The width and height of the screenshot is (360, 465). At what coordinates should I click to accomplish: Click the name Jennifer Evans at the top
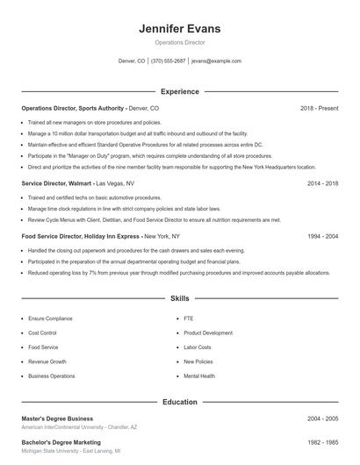coord(179,28)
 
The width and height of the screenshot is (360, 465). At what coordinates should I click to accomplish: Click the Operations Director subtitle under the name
coord(179,42)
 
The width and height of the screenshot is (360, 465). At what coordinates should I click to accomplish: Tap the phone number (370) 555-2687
coord(169,61)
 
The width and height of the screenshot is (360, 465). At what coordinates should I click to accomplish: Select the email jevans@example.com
coord(216,61)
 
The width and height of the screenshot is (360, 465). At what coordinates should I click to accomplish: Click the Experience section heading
coord(179,91)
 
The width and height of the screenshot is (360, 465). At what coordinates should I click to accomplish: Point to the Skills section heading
coord(179,299)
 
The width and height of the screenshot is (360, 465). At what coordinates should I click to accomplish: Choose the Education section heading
coord(179,402)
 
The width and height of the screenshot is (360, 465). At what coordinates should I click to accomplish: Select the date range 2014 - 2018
coord(322,183)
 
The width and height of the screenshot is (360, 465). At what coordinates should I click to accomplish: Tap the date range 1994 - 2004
coord(322,236)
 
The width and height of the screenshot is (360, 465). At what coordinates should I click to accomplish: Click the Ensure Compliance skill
coord(49,319)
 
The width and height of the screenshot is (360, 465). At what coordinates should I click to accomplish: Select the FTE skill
coord(188,319)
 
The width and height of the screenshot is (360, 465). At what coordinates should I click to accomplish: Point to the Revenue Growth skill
coord(47,361)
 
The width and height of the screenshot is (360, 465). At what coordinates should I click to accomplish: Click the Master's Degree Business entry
coord(57,418)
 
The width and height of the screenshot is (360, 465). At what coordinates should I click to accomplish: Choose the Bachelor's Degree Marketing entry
coord(61,442)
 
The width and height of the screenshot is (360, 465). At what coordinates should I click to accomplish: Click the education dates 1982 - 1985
coord(322,442)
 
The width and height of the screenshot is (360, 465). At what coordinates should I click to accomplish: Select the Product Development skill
coord(208,333)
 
